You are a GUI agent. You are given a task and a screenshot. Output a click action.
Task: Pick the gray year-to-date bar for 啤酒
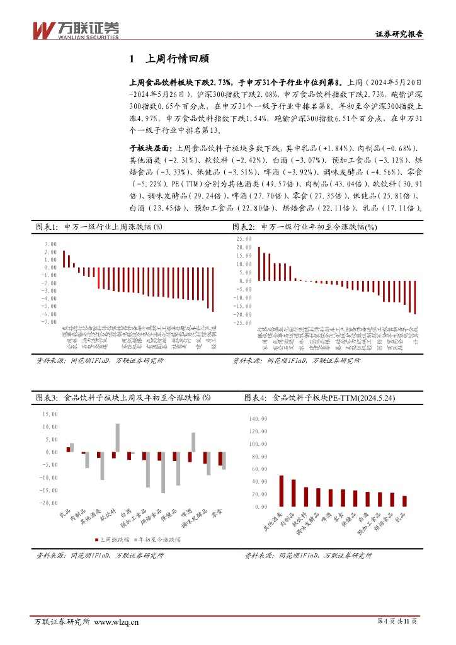(x=193, y=442)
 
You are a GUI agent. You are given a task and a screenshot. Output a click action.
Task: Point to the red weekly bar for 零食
(x=220, y=459)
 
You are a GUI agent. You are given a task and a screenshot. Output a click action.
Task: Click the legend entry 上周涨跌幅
(x=115, y=540)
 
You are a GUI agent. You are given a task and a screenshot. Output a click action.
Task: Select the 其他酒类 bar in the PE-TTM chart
(x=282, y=491)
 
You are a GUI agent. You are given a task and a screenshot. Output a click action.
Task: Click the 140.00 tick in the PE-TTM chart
(x=259, y=418)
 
